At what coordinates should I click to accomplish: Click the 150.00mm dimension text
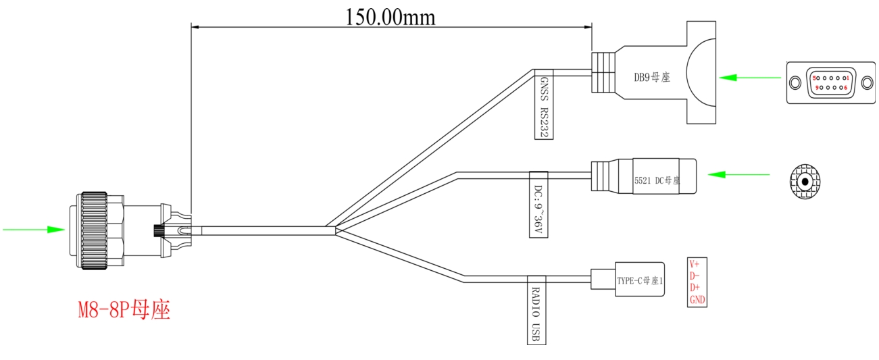tap(391, 18)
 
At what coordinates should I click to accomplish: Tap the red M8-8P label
tap(124, 310)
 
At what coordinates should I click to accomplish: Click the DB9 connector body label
tap(652, 77)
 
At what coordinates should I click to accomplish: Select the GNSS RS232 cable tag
tap(544, 104)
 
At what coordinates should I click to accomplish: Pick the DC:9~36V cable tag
tap(538, 204)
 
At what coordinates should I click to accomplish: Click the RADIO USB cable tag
tap(536, 310)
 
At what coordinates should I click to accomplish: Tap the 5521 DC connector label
tap(657, 180)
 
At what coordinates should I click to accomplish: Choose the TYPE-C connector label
tap(640, 281)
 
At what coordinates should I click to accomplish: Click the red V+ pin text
tap(694, 264)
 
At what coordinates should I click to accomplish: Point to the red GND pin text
tap(697, 300)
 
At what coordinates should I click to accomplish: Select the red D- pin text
tap(694, 276)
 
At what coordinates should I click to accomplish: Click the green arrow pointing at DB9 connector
tap(750, 78)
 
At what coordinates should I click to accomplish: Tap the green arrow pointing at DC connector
tap(738, 174)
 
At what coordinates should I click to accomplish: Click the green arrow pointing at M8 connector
tap(34, 230)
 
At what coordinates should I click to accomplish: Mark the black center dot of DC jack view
tap(805, 182)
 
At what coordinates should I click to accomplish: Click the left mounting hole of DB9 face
tap(795, 83)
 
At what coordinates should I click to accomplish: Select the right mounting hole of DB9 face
tap(867, 83)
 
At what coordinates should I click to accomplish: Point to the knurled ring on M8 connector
tap(94, 231)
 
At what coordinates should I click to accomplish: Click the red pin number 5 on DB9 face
tap(814, 78)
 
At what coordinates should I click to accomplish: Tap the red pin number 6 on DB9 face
tap(846, 88)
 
